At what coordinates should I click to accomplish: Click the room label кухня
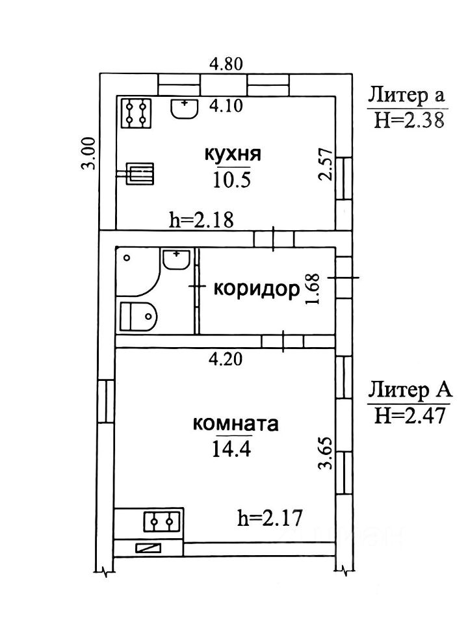pyautogui.click(x=233, y=155)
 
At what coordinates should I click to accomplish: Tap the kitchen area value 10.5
pyautogui.click(x=232, y=179)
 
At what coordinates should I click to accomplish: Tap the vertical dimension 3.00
pyautogui.click(x=90, y=153)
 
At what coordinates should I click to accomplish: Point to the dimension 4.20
pyautogui.click(x=226, y=357)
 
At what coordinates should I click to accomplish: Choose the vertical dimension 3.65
pyautogui.click(x=327, y=452)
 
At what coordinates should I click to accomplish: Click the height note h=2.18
pyautogui.click(x=201, y=220)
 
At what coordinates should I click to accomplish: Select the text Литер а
pyautogui.click(x=407, y=96)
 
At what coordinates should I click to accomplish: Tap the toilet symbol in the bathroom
pyautogui.click(x=138, y=317)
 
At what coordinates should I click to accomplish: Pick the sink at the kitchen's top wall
pyautogui.click(x=185, y=108)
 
